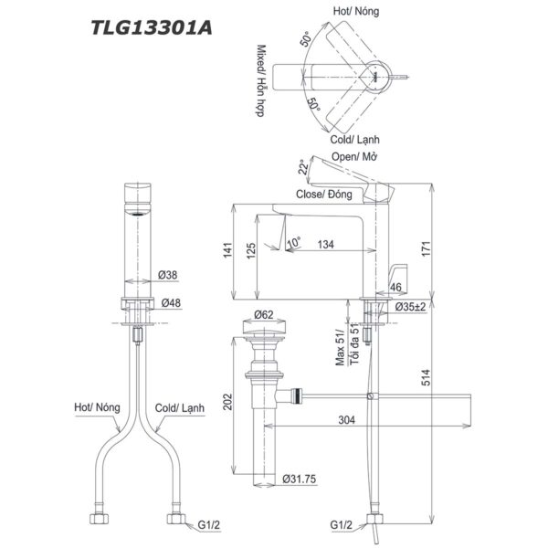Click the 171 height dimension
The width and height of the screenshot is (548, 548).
point(447,246)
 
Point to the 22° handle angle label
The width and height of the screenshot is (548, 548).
point(301,168)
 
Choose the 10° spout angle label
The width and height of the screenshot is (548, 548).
point(293,243)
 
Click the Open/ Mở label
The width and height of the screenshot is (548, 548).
point(354,157)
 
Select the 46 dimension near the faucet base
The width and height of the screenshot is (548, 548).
point(395,288)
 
